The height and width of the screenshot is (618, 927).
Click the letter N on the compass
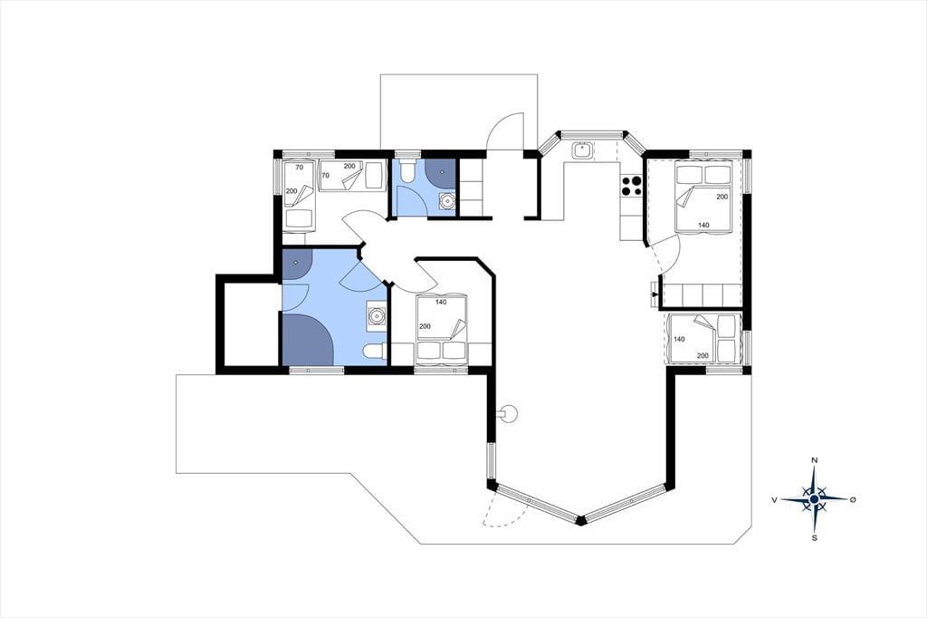point(814,460)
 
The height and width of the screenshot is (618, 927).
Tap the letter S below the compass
point(815,538)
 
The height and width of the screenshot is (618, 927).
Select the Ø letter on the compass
point(853,499)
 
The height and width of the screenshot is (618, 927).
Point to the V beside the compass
point(774,500)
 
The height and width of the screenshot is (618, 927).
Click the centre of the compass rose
point(814,499)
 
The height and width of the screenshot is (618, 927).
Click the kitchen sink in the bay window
point(582,150)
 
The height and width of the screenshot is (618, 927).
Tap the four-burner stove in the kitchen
point(631,186)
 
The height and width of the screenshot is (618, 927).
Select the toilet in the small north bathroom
point(407,171)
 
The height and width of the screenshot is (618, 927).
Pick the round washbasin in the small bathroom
point(447,201)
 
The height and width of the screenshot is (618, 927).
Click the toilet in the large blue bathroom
point(374,352)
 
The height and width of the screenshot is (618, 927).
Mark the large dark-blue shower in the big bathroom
point(309,340)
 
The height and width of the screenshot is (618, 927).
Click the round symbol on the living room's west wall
point(507,413)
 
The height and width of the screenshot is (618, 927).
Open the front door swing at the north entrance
point(505,131)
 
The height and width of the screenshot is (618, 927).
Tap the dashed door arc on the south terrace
point(505,510)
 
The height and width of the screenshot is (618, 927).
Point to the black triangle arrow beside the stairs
point(654,293)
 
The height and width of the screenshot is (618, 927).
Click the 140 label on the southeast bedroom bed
point(679,339)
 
